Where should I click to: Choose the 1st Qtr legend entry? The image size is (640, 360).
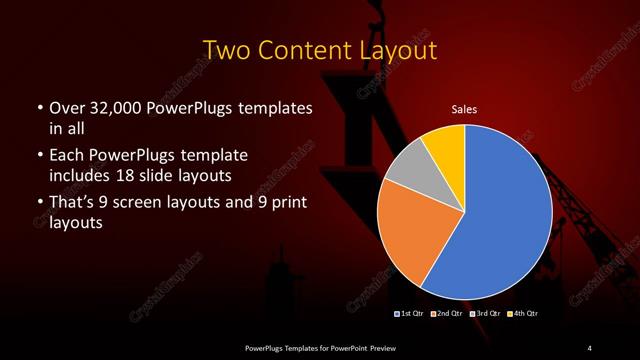tap(410, 314)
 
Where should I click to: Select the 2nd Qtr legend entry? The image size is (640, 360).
tap(446, 314)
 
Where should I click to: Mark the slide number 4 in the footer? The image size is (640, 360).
tap(590, 347)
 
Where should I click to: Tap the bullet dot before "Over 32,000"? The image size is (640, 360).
tap(38, 108)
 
